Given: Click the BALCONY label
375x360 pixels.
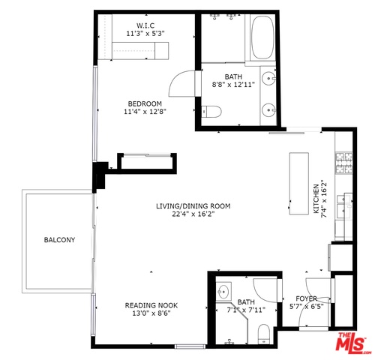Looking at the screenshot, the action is (x=59, y=240).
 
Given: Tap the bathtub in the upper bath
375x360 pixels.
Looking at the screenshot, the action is (x=262, y=37).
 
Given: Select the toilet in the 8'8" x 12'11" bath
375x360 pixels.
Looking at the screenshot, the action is (x=211, y=111).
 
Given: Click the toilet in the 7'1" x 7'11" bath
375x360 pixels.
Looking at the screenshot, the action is (x=263, y=334).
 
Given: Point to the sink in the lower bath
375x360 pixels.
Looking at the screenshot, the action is (x=223, y=291).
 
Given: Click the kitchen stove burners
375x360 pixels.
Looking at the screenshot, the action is (x=344, y=163).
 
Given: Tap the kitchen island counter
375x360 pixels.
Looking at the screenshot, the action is (x=299, y=183).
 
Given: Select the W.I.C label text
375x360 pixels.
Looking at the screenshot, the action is (x=145, y=25).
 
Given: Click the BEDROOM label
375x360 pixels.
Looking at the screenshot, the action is (x=145, y=103).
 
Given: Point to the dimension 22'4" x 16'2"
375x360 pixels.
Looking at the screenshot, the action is (x=193, y=214).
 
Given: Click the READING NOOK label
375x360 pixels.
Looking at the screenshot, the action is (x=151, y=305).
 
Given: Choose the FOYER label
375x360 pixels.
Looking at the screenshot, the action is (x=307, y=298).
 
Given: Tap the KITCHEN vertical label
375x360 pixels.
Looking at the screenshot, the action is (x=316, y=199).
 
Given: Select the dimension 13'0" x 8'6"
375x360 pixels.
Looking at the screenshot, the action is (x=151, y=313).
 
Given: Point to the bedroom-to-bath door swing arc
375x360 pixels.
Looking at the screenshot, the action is (x=175, y=79).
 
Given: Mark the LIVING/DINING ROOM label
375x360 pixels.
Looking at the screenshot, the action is (x=193, y=206).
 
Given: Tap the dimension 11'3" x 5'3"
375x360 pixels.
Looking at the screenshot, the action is (x=145, y=33).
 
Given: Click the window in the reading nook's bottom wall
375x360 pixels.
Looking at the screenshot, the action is (x=190, y=346).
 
